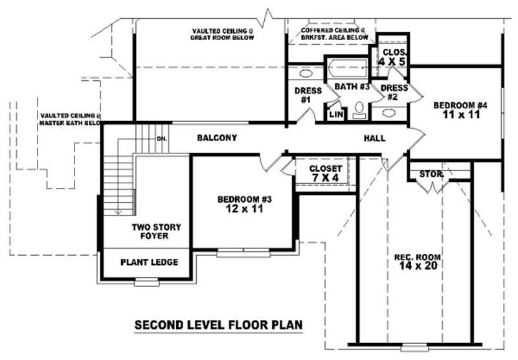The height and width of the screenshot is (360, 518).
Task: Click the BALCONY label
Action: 217,138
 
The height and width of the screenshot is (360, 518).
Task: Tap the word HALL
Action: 374,138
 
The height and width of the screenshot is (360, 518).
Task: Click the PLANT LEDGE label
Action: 149,262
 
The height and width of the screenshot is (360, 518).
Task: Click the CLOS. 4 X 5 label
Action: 392,56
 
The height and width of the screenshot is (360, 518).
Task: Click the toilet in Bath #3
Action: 360,111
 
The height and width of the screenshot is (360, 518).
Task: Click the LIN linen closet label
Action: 335,114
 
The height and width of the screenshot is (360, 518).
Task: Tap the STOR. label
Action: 431,174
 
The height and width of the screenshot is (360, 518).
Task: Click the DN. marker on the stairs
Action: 162,139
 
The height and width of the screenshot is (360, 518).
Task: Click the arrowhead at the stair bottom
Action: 118,211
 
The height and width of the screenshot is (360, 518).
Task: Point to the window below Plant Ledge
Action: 146,282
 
